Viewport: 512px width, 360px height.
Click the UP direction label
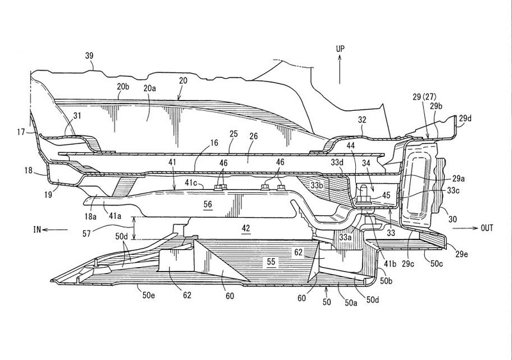click(340, 49)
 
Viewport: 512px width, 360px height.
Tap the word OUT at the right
click(486, 228)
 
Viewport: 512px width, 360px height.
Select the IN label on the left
click(37, 230)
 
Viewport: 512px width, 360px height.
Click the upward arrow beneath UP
click(340, 69)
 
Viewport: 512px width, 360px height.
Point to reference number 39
click(89, 56)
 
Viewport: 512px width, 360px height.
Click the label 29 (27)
click(424, 97)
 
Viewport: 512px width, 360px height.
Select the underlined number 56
click(207, 204)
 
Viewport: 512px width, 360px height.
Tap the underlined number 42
click(246, 228)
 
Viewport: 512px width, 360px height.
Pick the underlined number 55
click(271, 261)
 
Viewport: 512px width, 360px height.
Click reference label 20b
click(123, 86)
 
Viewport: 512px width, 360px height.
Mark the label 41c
click(191, 183)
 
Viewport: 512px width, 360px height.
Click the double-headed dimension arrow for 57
click(133, 228)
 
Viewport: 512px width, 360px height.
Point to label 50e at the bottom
click(148, 295)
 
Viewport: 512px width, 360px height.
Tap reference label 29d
click(465, 119)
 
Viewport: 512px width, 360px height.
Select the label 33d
click(337, 162)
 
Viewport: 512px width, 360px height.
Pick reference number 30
click(452, 219)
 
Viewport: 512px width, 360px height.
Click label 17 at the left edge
click(21, 133)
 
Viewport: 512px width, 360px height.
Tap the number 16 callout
click(214, 143)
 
